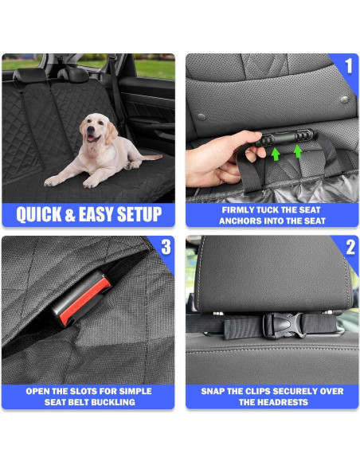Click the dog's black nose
pos(90,130)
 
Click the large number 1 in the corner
pos(349,66)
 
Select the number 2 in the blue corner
pos(350,247)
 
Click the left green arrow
pos(276,154)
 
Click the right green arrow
pos(298,151)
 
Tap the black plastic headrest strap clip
pos(284,326)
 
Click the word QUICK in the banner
pos(38,214)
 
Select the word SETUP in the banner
pos(139,214)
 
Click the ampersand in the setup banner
pos(70,214)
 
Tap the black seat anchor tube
pos(284,138)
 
